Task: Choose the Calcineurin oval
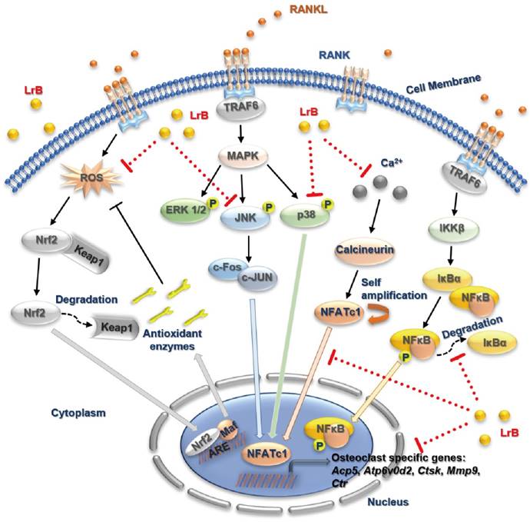361,251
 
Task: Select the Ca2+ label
394,163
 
